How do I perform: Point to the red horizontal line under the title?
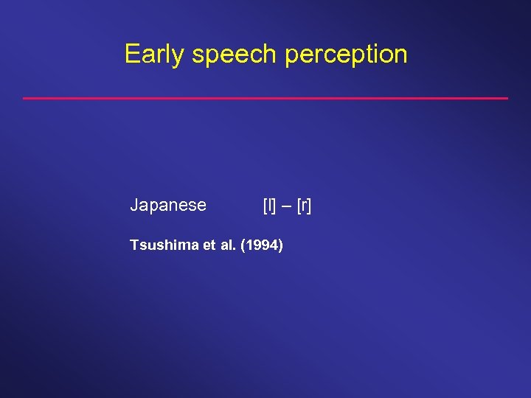(265, 98)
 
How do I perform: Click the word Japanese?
(168, 206)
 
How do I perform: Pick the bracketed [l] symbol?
(269, 206)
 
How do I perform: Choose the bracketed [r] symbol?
(304, 206)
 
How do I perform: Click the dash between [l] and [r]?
(286, 206)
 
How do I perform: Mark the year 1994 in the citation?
(261, 245)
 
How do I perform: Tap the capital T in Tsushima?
(133, 245)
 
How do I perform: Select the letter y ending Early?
(177, 57)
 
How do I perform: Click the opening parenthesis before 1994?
(243, 245)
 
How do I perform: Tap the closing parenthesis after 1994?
(280, 245)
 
